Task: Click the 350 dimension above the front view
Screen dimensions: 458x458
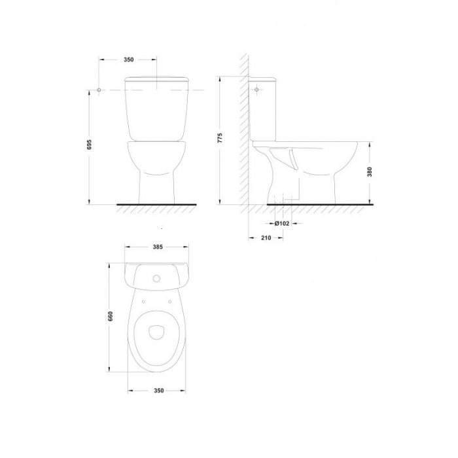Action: (128, 60)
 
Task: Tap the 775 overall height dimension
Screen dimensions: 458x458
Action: (220, 138)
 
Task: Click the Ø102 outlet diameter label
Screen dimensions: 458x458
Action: (282, 223)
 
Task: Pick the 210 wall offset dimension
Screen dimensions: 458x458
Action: (266, 238)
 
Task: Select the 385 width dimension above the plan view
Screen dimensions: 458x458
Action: (156, 247)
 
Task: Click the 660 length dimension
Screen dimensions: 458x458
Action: (111, 315)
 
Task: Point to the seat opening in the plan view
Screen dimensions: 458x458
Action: (156, 332)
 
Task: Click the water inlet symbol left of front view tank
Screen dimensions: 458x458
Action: (98, 89)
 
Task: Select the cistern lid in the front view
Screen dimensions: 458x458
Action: (158, 80)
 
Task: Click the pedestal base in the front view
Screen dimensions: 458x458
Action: (158, 190)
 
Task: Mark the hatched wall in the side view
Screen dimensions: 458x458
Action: (243, 131)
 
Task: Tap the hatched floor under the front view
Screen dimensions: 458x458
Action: (157, 207)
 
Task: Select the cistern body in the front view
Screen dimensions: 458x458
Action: (158, 111)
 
